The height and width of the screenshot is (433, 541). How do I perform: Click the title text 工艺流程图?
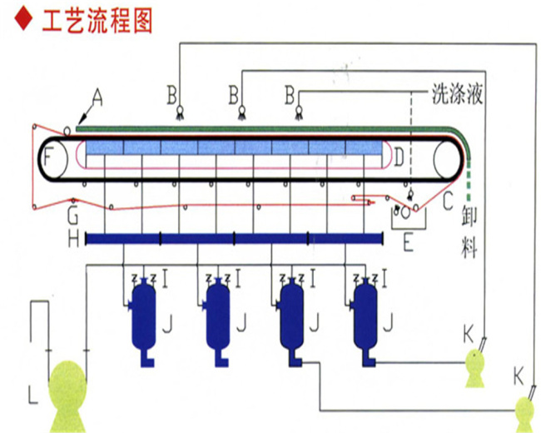(96, 20)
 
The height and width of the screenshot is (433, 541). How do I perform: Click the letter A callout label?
(97, 98)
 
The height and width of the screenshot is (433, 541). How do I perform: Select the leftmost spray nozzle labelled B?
(179, 112)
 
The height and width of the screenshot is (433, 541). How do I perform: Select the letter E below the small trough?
(407, 244)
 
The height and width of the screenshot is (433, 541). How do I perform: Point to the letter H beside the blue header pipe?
(73, 240)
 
